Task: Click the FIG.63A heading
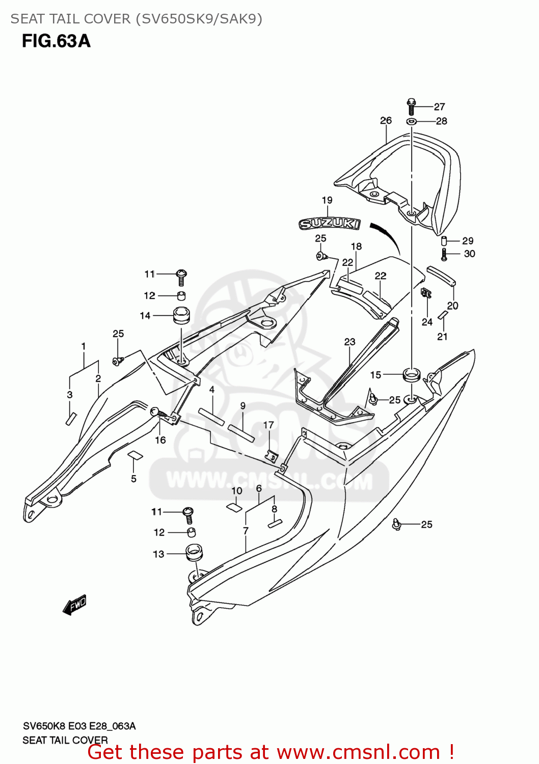pos(56,41)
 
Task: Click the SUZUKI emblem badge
pos(330,223)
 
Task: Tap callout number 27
pos(439,107)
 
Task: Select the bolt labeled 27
pos(412,106)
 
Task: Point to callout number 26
pos(386,120)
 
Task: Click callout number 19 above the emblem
pos(327,200)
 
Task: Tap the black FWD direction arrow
pos(74,605)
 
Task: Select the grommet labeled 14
pos(181,315)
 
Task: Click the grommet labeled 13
pos(193,552)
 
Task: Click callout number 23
pos(349,342)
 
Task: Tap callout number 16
pos(160,440)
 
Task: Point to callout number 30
pos(469,254)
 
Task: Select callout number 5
pos(133,478)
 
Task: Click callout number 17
pos(268,425)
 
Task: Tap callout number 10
pos(237,490)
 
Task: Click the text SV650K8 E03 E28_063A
pos(79,726)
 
